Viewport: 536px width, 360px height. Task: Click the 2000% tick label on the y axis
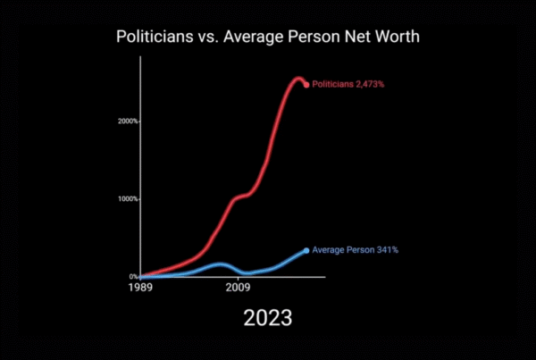tap(128, 121)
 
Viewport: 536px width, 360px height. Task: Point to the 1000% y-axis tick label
tap(128, 198)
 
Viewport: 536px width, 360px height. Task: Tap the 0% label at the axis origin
tap(132, 277)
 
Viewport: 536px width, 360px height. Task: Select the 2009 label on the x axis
tap(237, 289)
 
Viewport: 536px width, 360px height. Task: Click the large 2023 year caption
tap(267, 317)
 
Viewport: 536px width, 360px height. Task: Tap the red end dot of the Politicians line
tap(306, 85)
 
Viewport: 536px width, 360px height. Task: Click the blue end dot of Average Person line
tap(306, 250)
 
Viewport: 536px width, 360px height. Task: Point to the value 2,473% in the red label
tap(366, 84)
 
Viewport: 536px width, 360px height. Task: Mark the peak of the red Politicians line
tap(298, 79)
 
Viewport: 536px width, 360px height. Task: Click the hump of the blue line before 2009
tap(219, 264)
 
